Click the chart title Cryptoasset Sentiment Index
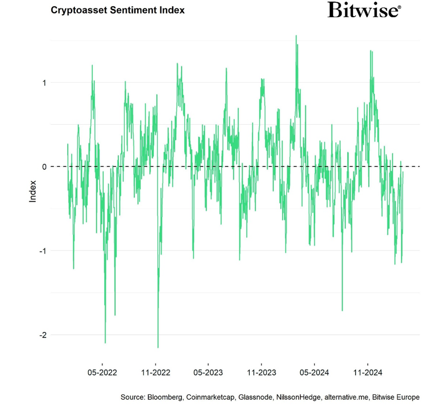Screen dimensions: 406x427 pyautogui.click(x=118, y=10)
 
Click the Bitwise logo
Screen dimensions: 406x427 pyautogui.click(x=363, y=10)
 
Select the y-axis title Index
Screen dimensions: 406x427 pyautogui.click(x=33, y=191)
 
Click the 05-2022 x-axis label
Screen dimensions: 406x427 pyautogui.click(x=102, y=373)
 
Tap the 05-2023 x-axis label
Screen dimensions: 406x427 pyautogui.click(x=208, y=373)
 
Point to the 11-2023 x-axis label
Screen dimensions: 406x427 pyautogui.click(x=261, y=373)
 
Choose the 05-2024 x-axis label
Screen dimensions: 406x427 pyautogui.click(x=314, y=373)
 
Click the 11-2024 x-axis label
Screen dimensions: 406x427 pyautogui.click(x=367, y=373)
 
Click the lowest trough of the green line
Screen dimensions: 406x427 pyautogui.click(x=158, y=347)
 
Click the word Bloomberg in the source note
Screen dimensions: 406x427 pyautogui.click(x=164, y=397)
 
